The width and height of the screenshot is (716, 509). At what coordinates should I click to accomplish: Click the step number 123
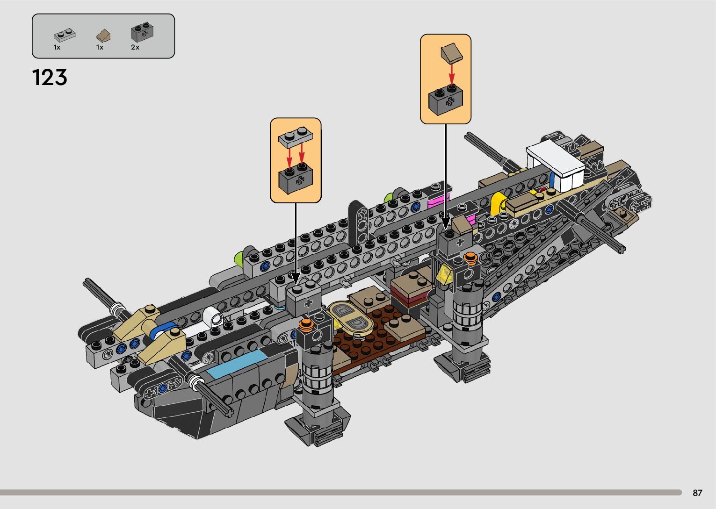pyautogui.click(x=50, y=78)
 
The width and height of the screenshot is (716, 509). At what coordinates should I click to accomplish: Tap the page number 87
pyautogui.click(x=697, y=493)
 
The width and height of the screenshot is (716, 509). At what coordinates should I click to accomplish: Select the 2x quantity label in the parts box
pyautogui.click(x=135, y=47)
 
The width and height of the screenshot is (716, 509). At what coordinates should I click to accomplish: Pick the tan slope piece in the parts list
pyautogui.click(x=103, y=36)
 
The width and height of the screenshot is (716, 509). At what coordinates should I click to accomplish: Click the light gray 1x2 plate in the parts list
pyautogui.click(x=65, y=35)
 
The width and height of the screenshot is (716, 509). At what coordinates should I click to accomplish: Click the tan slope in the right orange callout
pyautogui.click(x=451, y=52)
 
